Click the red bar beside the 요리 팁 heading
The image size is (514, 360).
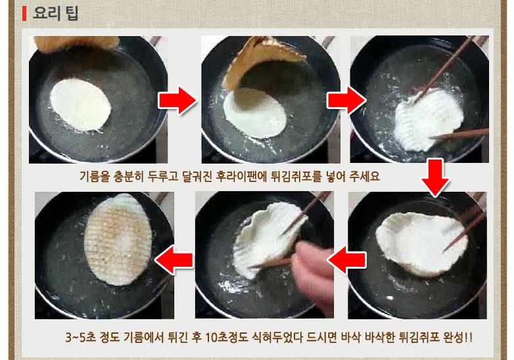(24, 13)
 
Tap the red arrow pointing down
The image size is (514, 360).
(435, 178)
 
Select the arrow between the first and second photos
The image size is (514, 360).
(177, 101)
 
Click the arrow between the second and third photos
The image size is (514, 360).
(346, 101)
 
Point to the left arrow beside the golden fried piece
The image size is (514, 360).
(174, 260)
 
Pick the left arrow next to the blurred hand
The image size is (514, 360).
(346, 260)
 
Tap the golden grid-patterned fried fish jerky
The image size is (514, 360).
(118, 239)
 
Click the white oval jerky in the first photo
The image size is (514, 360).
(81, 105)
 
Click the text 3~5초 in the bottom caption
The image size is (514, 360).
(81, 337)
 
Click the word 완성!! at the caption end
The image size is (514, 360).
(457, 337)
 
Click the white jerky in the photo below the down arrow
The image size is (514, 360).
(421, 243)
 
